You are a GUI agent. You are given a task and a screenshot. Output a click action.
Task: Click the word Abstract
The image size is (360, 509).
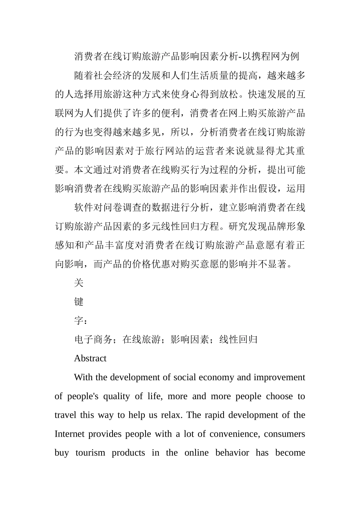(90, 358)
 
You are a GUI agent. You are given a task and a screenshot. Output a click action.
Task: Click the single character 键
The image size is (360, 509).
(79, 302)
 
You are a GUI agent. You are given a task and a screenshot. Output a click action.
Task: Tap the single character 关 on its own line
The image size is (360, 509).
(79, 283)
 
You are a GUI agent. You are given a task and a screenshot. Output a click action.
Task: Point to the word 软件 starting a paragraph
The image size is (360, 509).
(83, 208)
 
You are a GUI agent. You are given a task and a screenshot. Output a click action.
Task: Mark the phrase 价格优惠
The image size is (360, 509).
(161, 264)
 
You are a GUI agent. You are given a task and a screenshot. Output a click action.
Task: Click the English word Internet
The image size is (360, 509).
(69, 434)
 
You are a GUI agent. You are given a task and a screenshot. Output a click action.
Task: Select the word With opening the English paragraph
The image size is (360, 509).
(82, 377)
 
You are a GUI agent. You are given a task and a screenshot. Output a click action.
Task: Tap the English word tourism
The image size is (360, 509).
(90, 453)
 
